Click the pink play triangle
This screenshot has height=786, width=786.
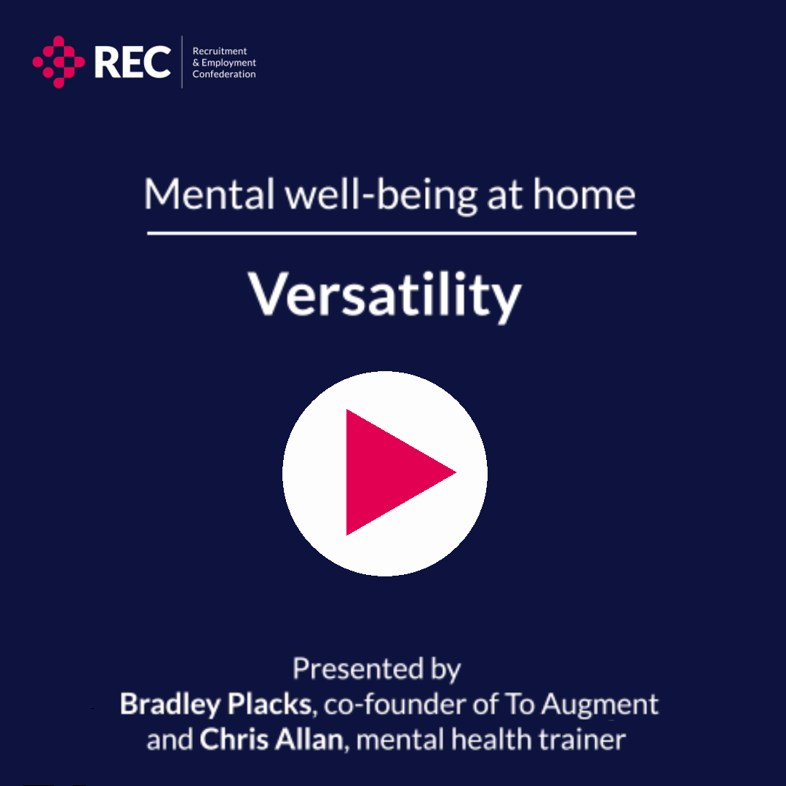[391, 472]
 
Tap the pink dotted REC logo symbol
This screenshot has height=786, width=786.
[59, 62]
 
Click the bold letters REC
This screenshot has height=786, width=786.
[132, 62]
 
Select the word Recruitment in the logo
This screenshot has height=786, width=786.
[220, 51]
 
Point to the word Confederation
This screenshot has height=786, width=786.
[224, 74]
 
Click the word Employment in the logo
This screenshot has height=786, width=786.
[229, 63]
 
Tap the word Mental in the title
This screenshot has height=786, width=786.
[210, 194]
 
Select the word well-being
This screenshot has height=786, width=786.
[381, 196]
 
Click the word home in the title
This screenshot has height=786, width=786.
[584, 194]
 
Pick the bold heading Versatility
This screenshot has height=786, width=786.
[384, 295]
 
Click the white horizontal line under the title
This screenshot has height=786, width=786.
[392, 233]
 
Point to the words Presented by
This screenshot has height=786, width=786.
[376, 670]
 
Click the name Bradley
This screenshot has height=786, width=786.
[170, 704]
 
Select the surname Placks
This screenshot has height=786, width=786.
[270, 704]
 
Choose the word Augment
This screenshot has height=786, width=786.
[600, 705]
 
